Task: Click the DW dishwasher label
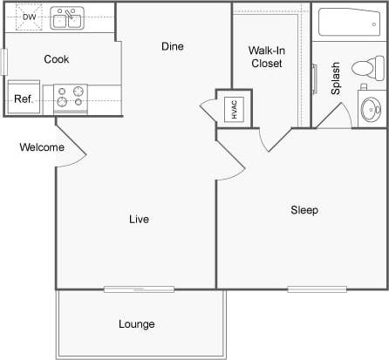(x=29, y=17)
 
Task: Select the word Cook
(x=57, y=59)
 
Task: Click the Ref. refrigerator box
(x=24, y=98)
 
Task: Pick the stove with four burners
(x=71, y=97)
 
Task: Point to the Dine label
(x=172, y=46)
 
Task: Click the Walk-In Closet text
(x=267, y=57)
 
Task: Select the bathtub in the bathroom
(x=349, y=23)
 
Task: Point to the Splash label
(x=336, y=78)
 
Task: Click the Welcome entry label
(x=42, y=147)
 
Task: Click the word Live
(x=138, y=219)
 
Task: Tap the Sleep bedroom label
(x=304, y=210)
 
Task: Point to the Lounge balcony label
(x=136, y=324)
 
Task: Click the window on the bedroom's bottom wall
(x=317, y=289)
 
